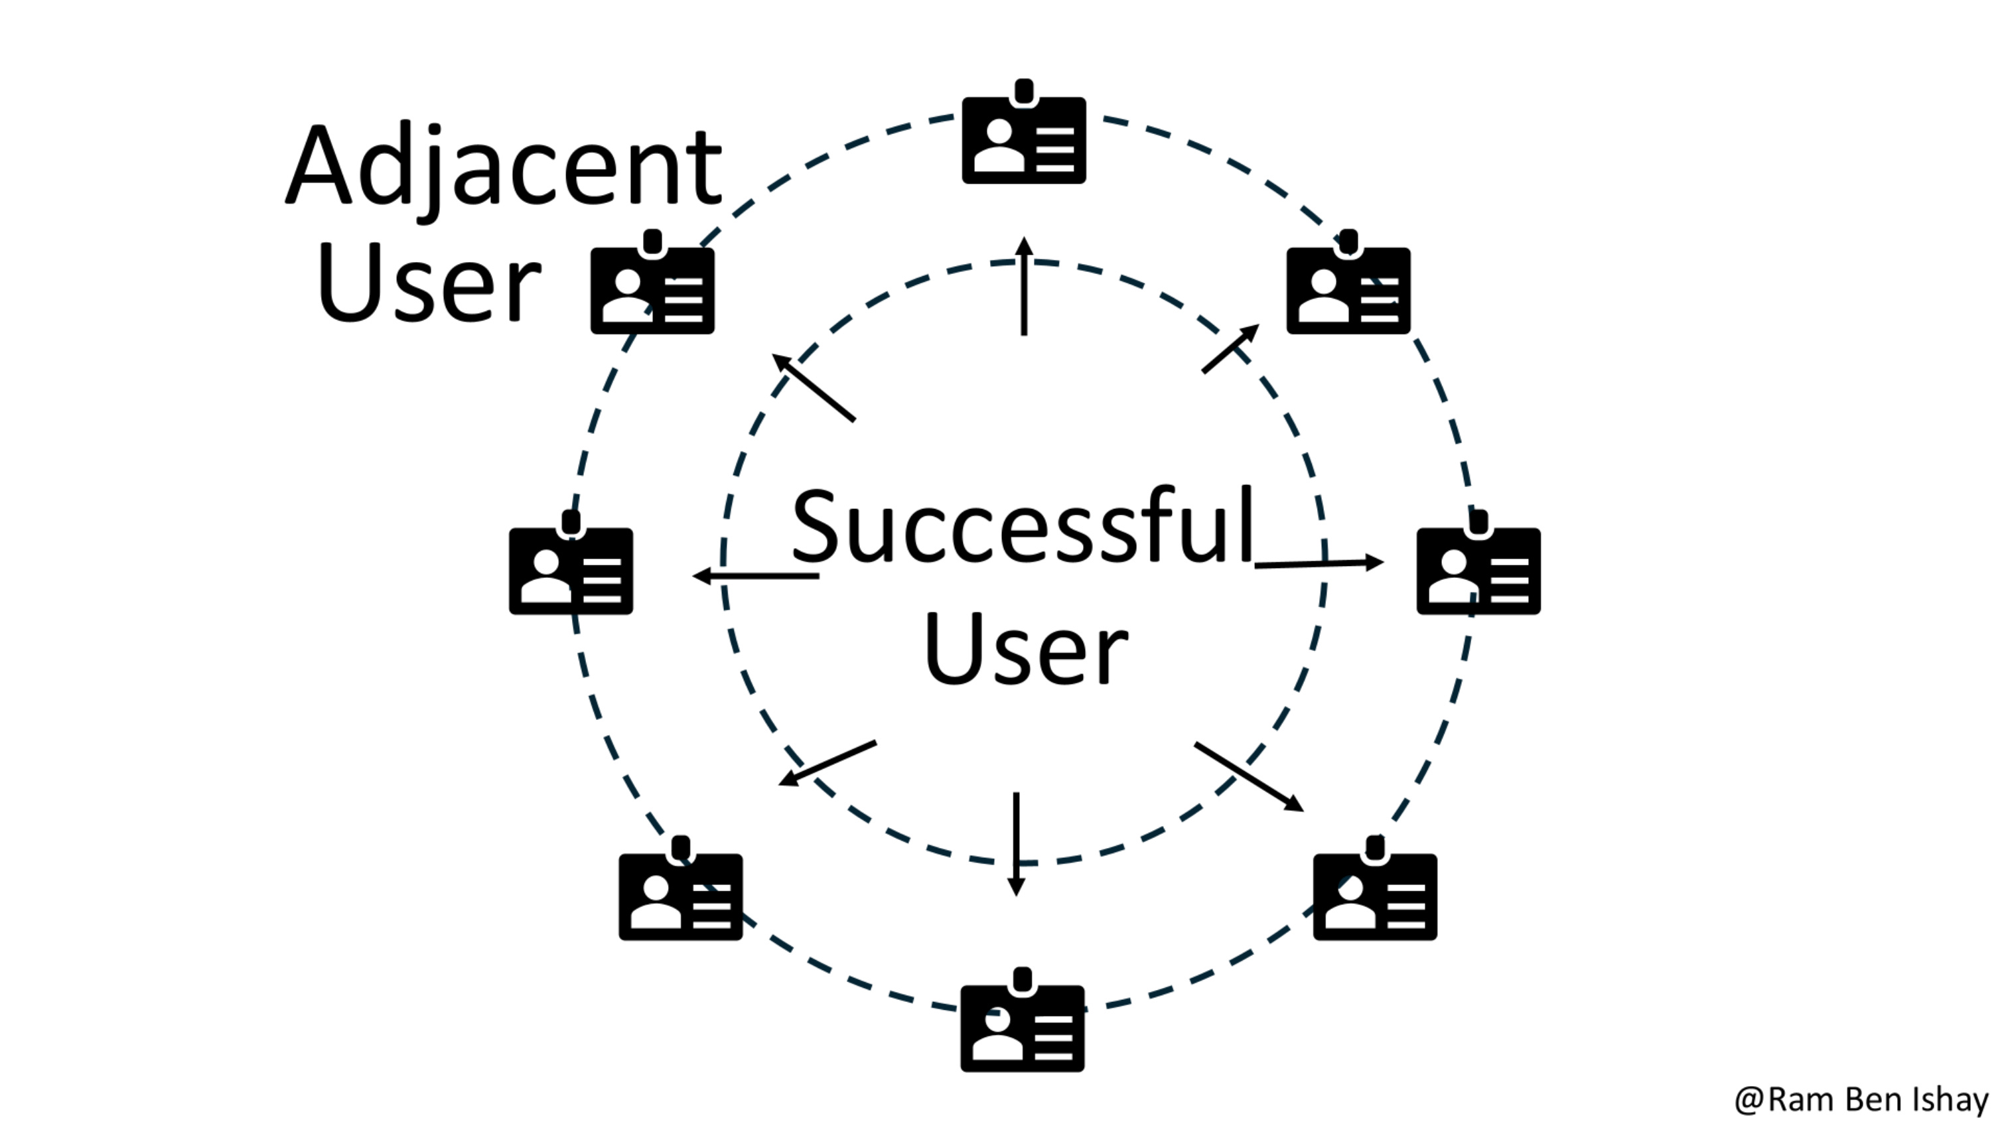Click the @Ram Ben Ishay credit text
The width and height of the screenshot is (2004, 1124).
click(1861, 1099)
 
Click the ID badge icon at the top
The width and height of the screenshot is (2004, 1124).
click(1024, 139)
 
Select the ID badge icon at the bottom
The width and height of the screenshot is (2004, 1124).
click(1022, 1026)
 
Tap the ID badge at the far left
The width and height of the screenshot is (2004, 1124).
click(571, 569)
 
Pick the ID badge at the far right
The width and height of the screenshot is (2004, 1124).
click(1478, 569)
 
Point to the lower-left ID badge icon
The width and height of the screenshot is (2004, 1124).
click(681, 894)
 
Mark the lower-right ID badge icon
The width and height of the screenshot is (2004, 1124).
click(1375, 894)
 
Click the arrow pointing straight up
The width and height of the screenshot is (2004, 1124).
click(1024, 286)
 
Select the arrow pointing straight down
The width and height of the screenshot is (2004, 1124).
click(1016, 843)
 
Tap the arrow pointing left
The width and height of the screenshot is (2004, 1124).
click(755, 576)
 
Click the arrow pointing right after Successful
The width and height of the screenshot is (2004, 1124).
click(1319, 563)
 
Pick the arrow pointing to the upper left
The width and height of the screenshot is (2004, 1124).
click(813, 387)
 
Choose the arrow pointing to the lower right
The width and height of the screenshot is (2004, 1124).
click(1249, 776)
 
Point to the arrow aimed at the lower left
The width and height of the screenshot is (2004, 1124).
click(827, 763)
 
